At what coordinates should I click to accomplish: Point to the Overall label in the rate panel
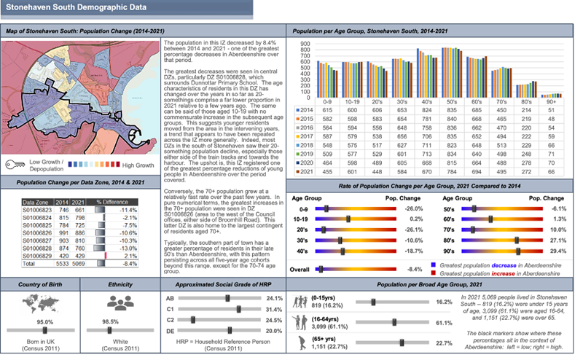click(x=305, y=268)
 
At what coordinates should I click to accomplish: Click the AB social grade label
click(x=171, y=298)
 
